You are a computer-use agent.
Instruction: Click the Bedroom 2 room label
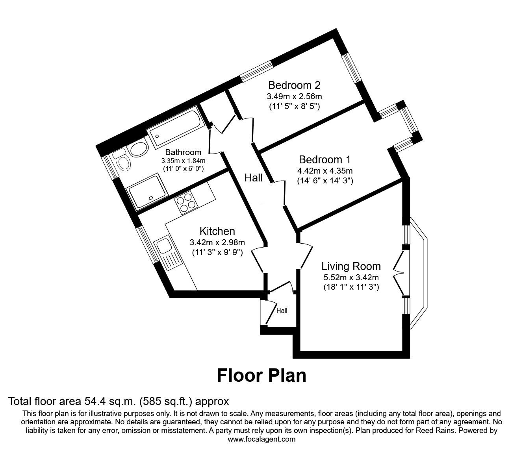pos(294,85)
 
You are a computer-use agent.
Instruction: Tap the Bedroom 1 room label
pos(325,160)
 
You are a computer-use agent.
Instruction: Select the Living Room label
pos(351,266)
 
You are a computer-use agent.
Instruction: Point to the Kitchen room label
pos(217,231)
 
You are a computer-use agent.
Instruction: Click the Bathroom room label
pos(183,152)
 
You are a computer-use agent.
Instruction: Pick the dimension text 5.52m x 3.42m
pos(351,277)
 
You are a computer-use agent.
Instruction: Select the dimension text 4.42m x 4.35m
pos(325,171)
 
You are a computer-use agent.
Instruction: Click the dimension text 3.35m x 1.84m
pos(183,161)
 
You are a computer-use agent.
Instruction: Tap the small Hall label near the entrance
pos(282,311)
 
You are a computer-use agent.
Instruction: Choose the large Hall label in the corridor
pos(253,178)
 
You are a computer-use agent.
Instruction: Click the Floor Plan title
pos(261,375)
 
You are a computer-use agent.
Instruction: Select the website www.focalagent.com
pos(261,439)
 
